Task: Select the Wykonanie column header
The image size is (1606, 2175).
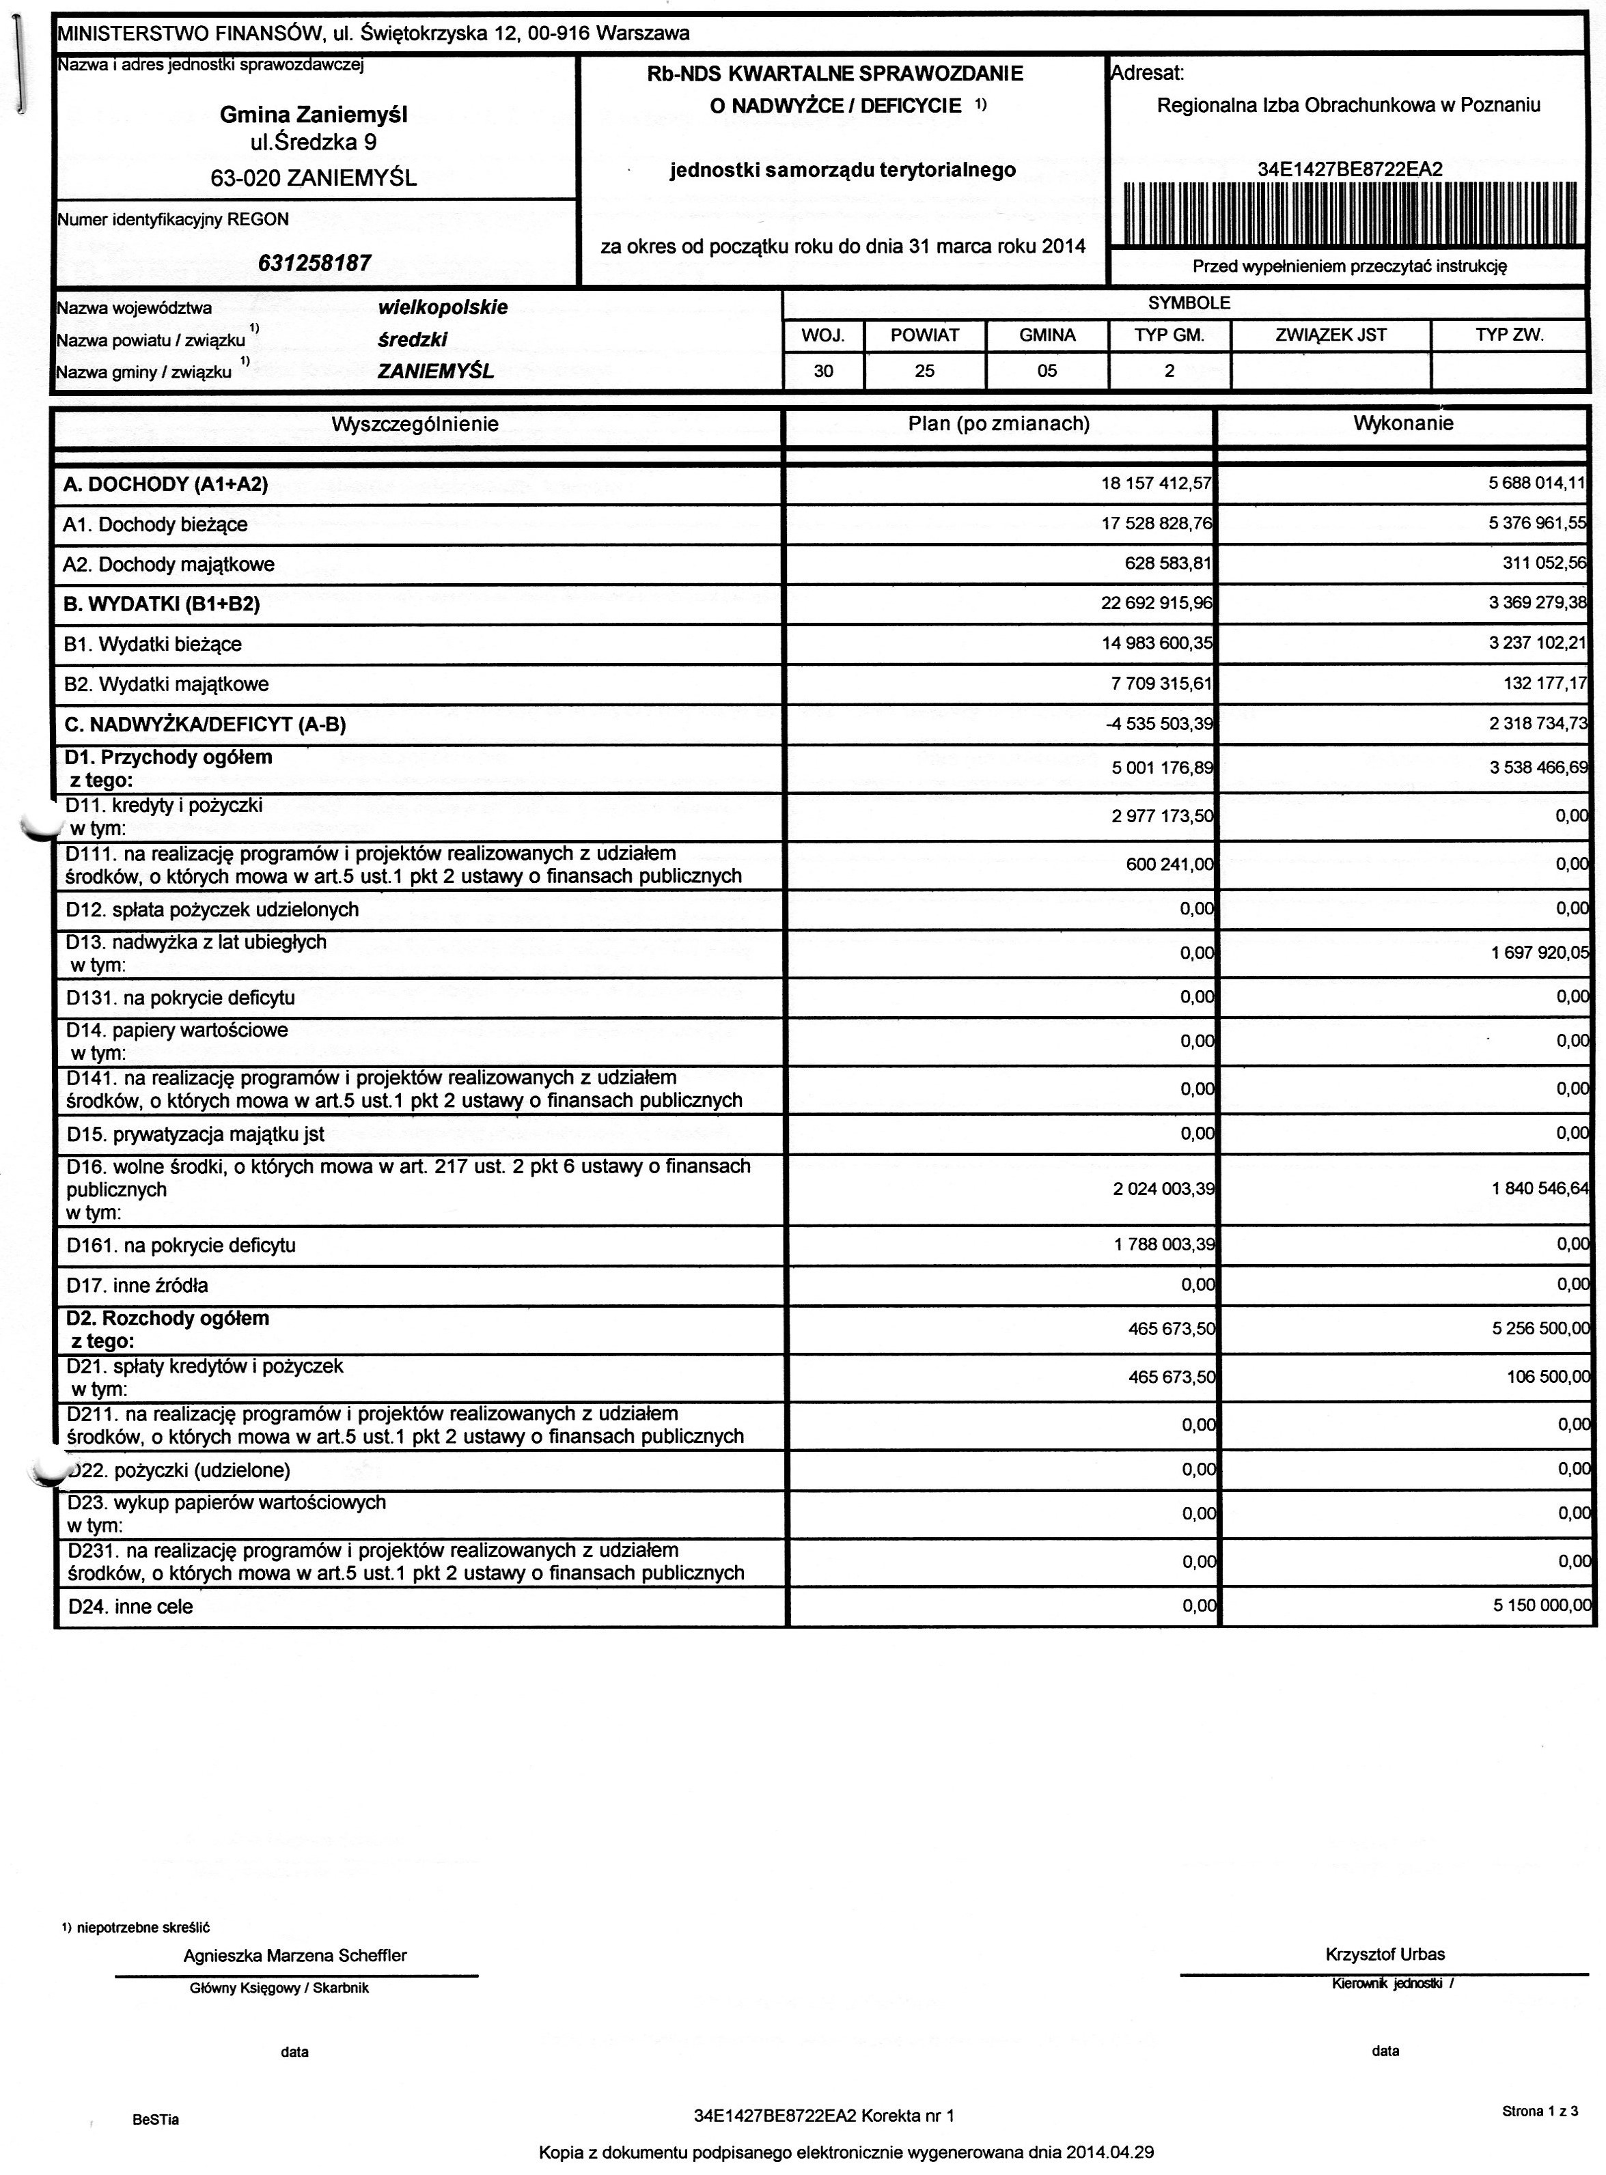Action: [1403, 423]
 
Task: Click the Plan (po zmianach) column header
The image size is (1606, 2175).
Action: [999, 423]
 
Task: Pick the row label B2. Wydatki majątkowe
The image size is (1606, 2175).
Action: [166, 684]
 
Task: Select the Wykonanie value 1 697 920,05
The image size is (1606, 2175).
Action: [1540, 953]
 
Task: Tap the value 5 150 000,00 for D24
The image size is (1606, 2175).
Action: [1542, 1605]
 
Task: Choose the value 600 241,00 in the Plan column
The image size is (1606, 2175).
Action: [1169, 864]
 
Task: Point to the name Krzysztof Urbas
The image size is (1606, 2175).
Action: [1385, 1954]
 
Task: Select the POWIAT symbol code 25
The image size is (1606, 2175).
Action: [924, 370]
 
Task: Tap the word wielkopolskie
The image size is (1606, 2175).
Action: [443, 307]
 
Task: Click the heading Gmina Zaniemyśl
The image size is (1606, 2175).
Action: [314, 115]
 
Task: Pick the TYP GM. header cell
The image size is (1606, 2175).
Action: [1169, 335]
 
